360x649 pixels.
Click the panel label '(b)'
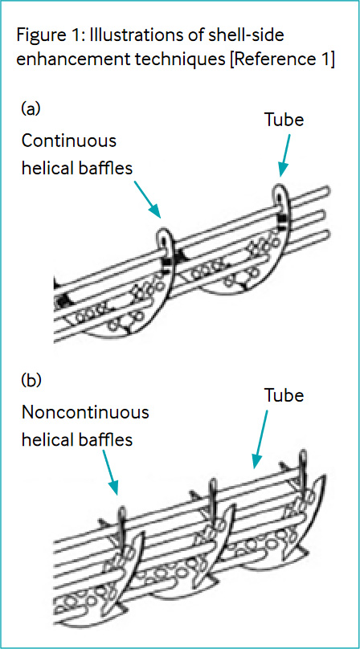point(31,380)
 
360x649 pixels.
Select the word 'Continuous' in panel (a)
point(69,141)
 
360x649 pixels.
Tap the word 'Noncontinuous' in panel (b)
point(85,412)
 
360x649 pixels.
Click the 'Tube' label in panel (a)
point(284,120)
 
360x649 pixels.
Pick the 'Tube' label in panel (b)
point(284,395)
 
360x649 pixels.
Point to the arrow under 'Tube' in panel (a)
point(284,157)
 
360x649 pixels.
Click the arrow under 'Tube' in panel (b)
point(261,439)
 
